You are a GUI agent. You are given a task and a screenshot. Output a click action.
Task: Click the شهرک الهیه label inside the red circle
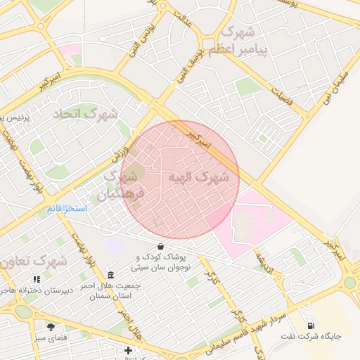[200, 177]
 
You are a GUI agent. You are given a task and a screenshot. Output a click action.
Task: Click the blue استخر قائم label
[67, 209]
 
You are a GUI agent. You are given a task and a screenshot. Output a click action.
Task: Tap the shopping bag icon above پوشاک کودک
[162, 247]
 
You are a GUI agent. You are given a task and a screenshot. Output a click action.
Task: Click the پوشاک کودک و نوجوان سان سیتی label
[162, 263]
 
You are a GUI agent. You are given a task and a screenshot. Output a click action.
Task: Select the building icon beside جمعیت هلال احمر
[110, 274]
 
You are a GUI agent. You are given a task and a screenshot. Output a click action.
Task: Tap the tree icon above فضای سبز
[51, 327]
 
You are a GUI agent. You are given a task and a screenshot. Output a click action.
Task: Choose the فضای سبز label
[51, 338]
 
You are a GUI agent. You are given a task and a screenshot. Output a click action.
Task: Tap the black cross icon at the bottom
[128, 350]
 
